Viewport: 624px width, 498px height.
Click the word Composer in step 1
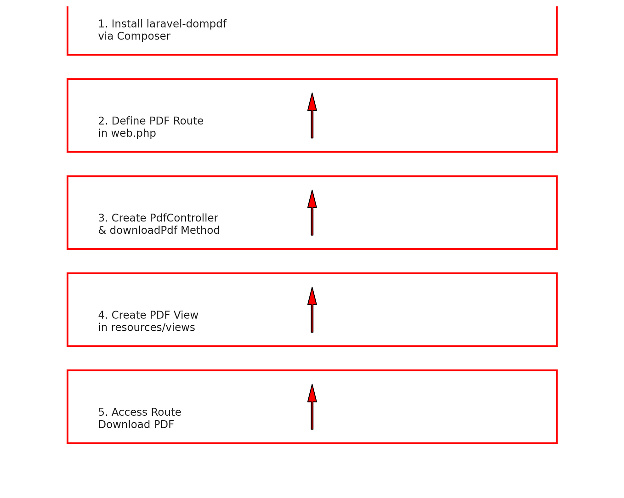click(143, 36)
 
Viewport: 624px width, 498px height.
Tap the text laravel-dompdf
click(187, 23)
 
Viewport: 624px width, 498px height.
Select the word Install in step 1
click(127, 23)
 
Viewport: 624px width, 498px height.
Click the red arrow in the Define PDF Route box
click(312, 116)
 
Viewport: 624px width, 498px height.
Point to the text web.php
click(133, 133)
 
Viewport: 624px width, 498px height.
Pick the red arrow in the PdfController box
click(312, 213)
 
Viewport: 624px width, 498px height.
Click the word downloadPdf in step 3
click(143, 230)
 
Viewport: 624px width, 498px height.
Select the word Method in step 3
click(200, 230)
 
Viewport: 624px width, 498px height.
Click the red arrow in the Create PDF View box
click(312, 310)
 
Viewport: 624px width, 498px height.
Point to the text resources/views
click(153, 327)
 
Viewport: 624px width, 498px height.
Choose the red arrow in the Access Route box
click(312, 407)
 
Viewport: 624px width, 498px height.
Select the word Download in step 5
click(124, 424)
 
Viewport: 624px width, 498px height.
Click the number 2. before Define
click(103, 120)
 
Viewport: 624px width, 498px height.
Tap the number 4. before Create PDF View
click(103, 315)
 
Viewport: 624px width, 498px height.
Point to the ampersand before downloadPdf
click(102, 230)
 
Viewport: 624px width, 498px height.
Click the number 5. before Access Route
click(103, 412)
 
